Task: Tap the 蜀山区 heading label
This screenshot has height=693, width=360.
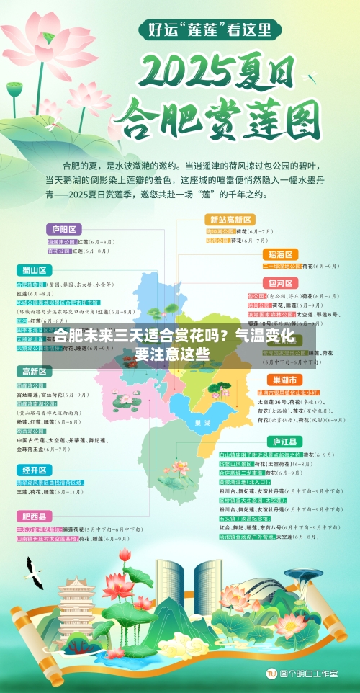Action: click(x=33, y=270)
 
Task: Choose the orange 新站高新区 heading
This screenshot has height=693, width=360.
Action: click(x=230, y=219)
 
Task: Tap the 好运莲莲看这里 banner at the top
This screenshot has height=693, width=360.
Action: click(x=210, y=30)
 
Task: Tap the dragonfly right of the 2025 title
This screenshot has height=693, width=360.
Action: click(x=311, y=74)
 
